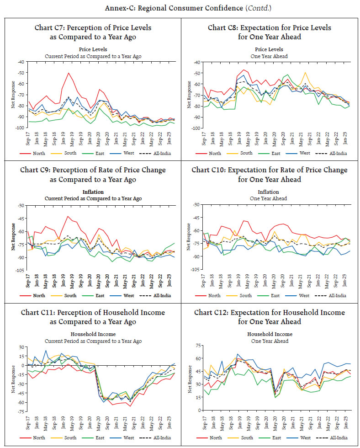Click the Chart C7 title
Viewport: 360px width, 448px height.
click(93, 32)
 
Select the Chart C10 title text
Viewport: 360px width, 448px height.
click(269, 175)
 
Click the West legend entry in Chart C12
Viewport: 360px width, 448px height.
click(304, 437)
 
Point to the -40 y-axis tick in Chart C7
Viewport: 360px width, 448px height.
click(20, 62)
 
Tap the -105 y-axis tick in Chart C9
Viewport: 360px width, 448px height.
click(19, 270)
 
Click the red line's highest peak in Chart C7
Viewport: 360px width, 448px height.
click(69, 73)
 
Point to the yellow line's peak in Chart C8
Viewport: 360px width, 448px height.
click(305, 72)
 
